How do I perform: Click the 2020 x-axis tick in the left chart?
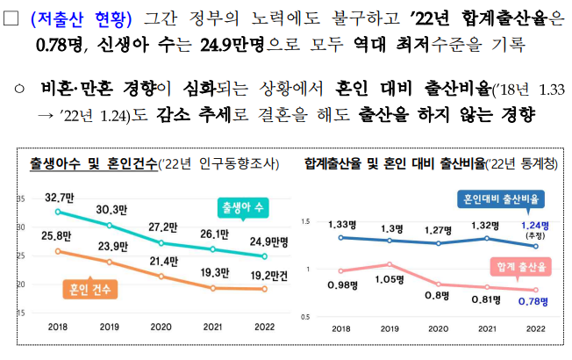coord(161,328)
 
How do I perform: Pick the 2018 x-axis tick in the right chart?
coord(340,328)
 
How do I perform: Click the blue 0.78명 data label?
coord(533,301)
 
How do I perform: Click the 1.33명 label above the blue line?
coord(342,224)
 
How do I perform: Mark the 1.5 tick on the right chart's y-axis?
coord(305,223)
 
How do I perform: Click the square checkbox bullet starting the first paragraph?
coord(11,17)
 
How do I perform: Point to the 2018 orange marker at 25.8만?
coord(58,251)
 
